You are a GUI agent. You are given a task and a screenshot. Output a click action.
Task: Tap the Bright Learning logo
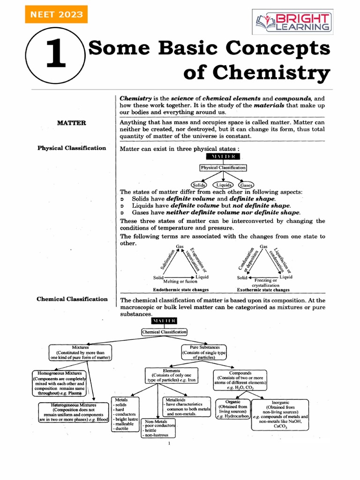(292, 21)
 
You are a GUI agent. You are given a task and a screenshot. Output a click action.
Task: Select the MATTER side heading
(71, 123)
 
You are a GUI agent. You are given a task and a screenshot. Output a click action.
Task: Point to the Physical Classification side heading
(72, 148)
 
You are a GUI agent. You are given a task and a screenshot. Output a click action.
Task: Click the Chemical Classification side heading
(72, 299)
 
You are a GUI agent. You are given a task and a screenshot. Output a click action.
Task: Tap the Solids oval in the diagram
(199, 185)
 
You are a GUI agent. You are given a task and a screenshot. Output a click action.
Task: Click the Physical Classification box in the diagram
(223, 167)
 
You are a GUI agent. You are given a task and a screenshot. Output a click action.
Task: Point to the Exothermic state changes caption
(263, 290)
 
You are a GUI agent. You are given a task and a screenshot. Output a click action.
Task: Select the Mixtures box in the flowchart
(81, 352)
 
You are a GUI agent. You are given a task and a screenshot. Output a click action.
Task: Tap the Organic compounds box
(232, 409)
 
